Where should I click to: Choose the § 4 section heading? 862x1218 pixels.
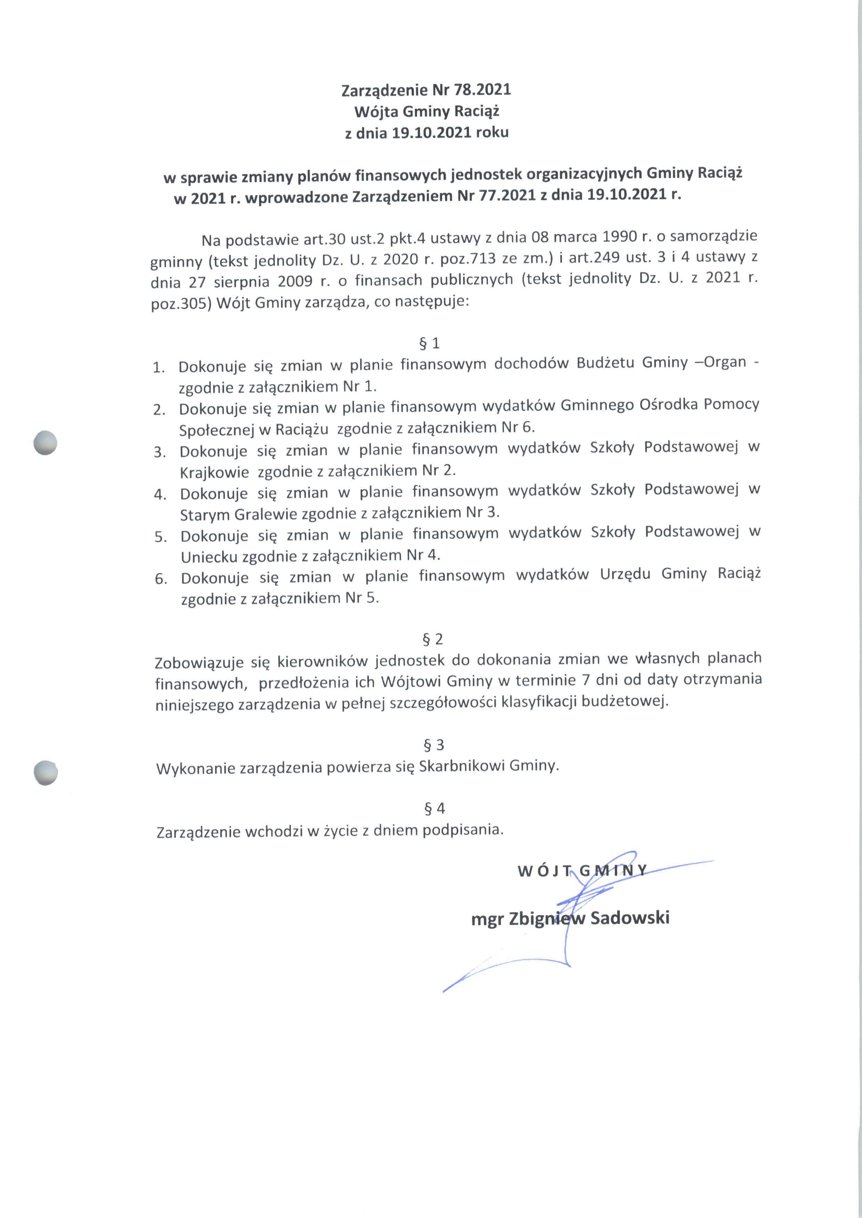tap(434, 808)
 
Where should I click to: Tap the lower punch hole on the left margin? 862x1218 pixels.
tap(45, 772)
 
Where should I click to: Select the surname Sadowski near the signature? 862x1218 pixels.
tap(629, 918)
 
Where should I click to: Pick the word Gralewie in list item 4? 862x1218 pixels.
tap(266, 514)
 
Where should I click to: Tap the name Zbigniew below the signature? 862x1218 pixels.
tap(547, 919)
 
